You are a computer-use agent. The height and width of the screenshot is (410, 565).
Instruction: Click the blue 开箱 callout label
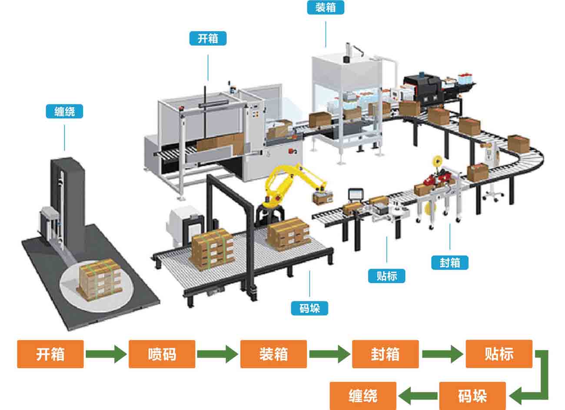208,38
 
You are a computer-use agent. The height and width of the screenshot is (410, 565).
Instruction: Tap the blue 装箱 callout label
326,7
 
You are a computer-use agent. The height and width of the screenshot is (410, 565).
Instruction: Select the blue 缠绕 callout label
64,112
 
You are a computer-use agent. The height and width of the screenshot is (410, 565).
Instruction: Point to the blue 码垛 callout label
309,308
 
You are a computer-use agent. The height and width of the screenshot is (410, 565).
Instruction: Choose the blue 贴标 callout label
386,276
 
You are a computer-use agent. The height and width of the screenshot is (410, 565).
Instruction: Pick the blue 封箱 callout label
450,263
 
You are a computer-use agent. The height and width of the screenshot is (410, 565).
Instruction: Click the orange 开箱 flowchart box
50,354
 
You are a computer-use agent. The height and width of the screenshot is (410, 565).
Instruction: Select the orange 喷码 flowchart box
162,354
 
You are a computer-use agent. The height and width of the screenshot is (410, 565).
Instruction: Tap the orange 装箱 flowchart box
273,354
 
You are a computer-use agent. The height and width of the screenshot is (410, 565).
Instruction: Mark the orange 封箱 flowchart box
385,354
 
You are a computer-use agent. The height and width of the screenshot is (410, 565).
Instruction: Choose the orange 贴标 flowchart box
499,354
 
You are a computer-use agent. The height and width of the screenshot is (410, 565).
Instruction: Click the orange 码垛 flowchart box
472,396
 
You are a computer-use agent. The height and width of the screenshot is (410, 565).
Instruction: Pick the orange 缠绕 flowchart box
363,396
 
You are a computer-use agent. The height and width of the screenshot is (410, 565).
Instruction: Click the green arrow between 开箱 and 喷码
106,354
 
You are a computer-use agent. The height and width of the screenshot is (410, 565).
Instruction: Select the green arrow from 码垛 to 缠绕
418,396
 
